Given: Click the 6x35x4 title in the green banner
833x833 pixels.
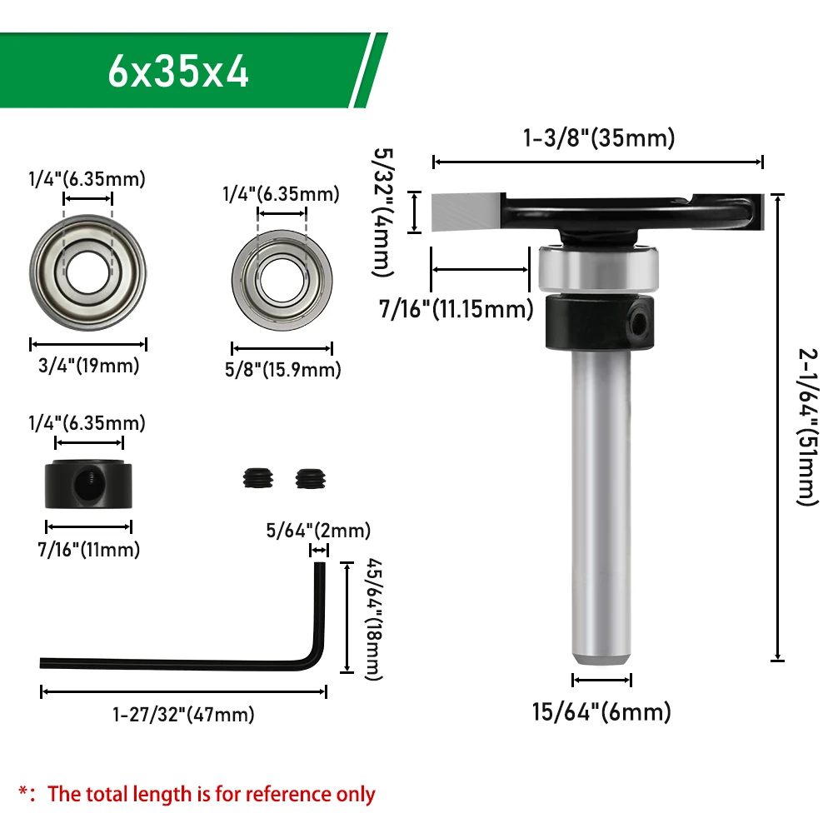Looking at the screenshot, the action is click(x=178, y=72).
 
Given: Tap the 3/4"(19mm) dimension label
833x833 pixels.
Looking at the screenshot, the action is click(x=89, y=366).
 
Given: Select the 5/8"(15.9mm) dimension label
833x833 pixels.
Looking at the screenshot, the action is click(x=282, y=370).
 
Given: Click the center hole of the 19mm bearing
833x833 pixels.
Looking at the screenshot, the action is click(x=88, y=272).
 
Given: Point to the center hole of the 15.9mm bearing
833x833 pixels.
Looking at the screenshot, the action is click(x=282, y=280).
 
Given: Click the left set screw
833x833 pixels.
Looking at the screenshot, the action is click(x=258, y=478).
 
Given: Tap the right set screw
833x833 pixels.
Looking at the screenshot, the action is click(x=311, y=478).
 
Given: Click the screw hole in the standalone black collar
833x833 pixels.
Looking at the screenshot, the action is click(x=87, y=483).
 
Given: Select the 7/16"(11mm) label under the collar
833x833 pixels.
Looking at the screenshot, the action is click(x=89, y=549).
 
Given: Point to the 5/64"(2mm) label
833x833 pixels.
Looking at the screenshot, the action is click(x=318, y=530).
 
